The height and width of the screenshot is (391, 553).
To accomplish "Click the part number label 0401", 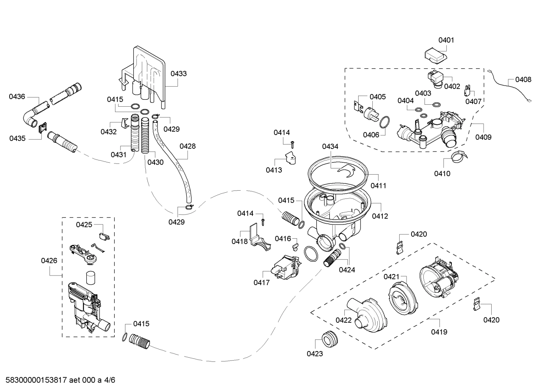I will tap(446, 40).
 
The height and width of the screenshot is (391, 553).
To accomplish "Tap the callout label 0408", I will tap(523, 79).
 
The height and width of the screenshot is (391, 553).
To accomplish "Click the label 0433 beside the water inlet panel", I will tap(179, 73).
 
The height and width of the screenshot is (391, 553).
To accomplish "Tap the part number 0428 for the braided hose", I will tap(188, 146).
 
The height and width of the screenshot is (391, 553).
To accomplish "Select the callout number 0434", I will tap(330, 146).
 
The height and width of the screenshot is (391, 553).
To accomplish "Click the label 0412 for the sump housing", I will tap(380, 216).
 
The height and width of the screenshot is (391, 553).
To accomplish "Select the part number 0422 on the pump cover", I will tap(344, 320).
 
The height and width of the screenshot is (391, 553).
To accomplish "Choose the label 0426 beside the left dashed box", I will tap(49, 261).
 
